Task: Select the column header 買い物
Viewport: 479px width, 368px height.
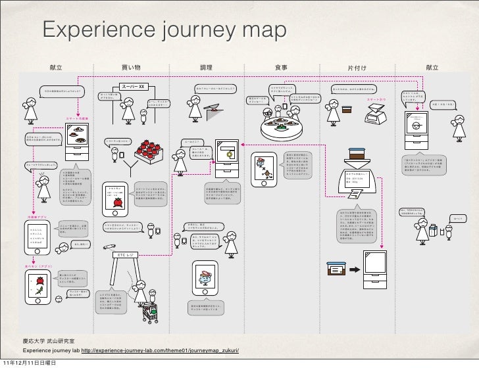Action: point(131,68)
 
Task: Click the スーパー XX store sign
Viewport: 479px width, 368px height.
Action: point(136,86)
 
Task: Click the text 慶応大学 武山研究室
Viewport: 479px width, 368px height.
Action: point(49,340)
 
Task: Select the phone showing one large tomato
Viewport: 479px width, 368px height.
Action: point(118,197)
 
